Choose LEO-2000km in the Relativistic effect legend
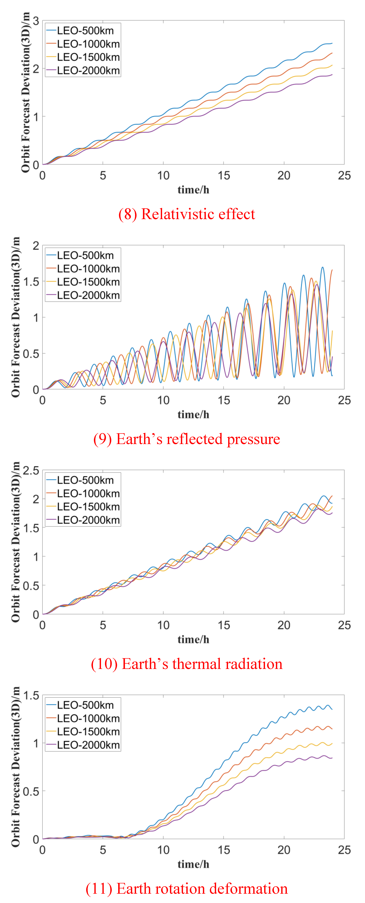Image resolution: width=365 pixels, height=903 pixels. point(88,71)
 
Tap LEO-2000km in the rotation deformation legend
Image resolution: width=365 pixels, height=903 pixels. point(88,745)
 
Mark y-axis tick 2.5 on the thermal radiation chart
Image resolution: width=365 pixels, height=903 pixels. point(31,470)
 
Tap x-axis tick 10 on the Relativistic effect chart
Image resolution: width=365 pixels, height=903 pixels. point(163,176)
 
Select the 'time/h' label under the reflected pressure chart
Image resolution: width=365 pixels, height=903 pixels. point(193,415)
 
